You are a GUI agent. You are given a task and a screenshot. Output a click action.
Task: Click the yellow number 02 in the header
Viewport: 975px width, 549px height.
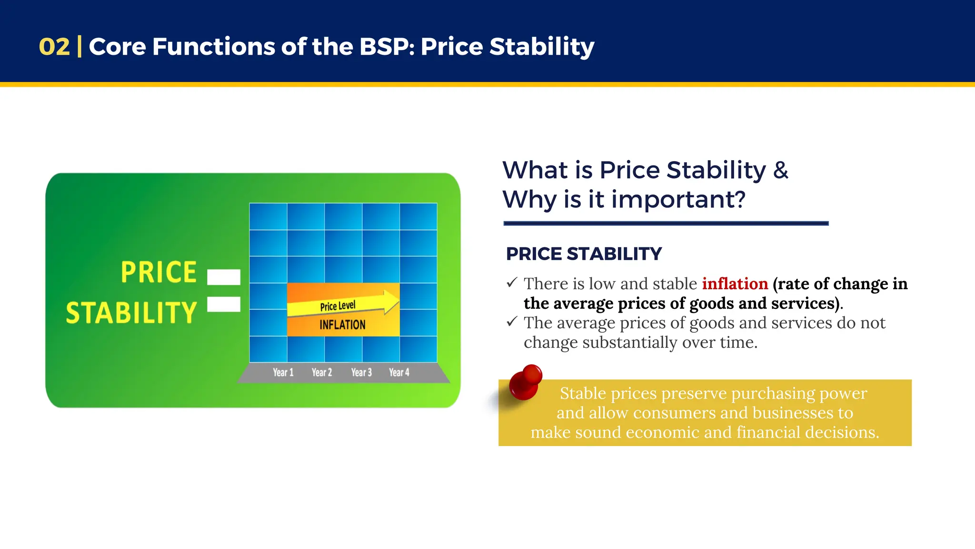pos(54,47)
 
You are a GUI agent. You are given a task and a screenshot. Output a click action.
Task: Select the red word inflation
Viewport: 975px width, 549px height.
pos(735,284)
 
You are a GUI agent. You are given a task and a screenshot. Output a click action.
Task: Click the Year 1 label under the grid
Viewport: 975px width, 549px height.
pos(283,372)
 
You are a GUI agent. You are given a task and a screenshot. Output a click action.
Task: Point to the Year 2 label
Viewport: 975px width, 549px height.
pos(322,372)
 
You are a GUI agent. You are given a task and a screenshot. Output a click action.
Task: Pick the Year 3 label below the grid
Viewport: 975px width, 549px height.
pos(361,372)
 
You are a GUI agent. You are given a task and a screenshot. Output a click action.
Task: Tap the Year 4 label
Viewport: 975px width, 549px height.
pos(399,372)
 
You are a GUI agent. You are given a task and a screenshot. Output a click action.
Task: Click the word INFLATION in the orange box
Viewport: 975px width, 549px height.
pos(342,325)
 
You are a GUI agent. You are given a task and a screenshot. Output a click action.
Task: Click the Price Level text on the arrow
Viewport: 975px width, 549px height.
pos(338,305)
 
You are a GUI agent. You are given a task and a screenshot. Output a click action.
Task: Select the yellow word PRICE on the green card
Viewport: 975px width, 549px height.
pos(159,272)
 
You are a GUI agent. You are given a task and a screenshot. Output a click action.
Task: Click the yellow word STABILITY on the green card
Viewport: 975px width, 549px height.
pos(131,313)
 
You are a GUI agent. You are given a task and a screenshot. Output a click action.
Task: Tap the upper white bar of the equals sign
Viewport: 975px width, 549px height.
pos(224,277)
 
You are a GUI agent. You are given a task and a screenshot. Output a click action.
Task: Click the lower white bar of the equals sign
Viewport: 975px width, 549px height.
pos(224,304)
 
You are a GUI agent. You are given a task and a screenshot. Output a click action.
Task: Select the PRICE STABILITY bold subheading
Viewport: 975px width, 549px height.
pos(584,254)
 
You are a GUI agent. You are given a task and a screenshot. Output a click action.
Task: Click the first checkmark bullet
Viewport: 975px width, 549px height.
pos(512,283)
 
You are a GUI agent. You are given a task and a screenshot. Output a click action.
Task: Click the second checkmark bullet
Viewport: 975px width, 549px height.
pos(512,322)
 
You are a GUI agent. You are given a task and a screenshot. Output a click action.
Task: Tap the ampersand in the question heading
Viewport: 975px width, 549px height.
pos(781,170)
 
